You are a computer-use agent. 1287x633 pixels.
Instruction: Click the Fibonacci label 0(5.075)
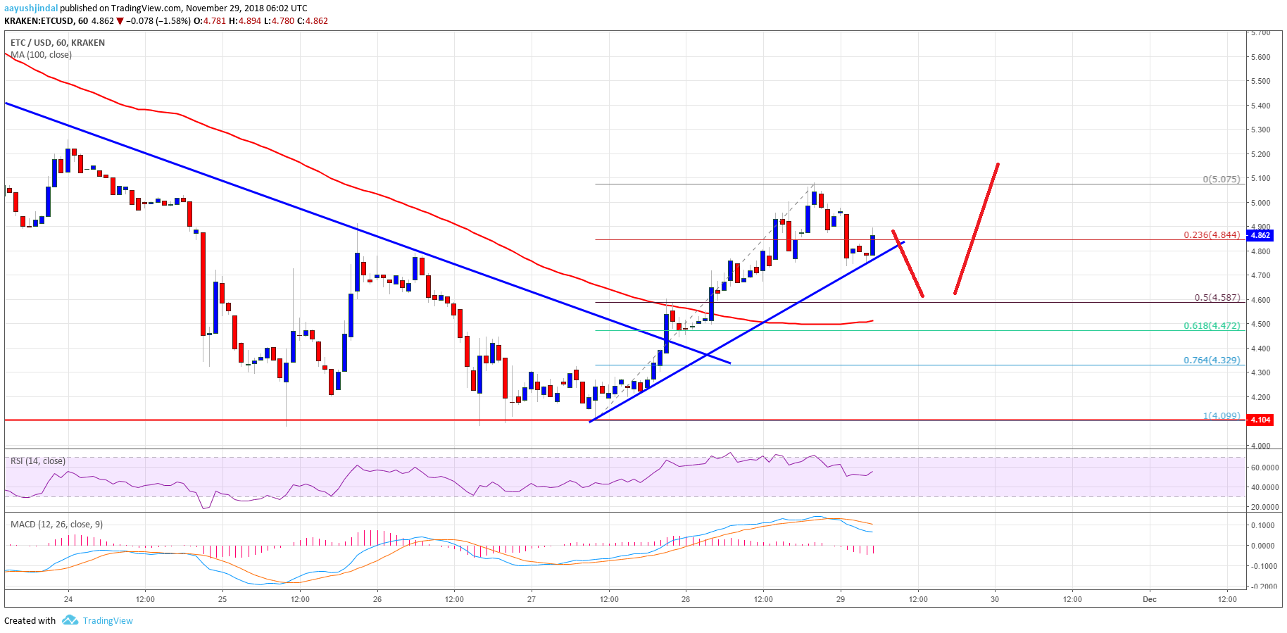pos(1221,179)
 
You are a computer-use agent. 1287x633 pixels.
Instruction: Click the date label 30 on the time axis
pos(995,599)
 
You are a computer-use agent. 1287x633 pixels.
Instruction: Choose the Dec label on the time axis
pos(1149,599)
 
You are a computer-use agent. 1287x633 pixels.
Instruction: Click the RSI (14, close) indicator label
pos(38,461)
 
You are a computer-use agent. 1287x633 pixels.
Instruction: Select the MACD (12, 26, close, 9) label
pos(56,524)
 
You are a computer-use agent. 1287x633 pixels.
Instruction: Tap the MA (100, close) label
pos(41,55)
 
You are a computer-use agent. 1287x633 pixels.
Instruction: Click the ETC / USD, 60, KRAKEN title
pos(58,43)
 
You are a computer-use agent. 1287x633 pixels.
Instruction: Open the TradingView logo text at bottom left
pos(107,620)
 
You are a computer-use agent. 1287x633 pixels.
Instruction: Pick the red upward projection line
pos(977,229)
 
